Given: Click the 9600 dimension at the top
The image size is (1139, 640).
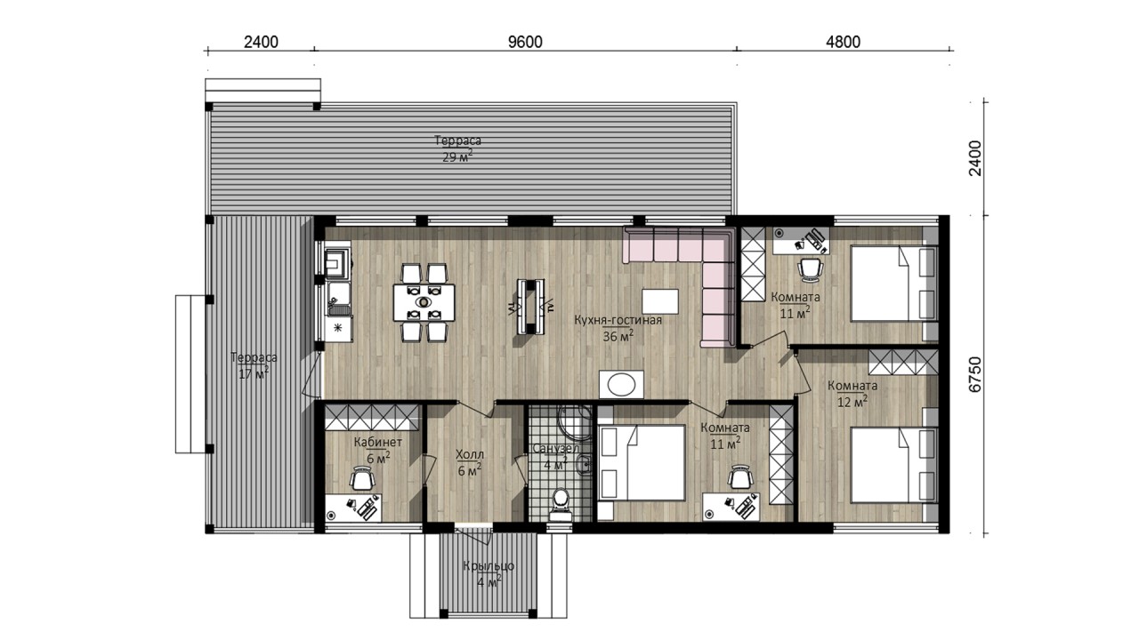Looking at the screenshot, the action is tap(525, 42).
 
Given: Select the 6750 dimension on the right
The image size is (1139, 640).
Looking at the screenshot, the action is tap(974, 374).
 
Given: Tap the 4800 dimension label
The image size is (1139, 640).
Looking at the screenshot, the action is tap(843, 42).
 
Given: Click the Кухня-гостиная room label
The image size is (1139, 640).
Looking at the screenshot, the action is tap(618, 320).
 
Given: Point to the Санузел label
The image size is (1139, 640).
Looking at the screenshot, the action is tap(556, 449).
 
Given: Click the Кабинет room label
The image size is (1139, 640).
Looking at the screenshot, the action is tap(378, 442).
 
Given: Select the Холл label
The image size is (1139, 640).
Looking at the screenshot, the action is tap(469, 454).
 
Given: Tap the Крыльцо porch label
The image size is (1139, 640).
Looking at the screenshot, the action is tap(489, 566).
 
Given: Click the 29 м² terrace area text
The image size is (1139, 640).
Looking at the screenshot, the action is tap(457, 156).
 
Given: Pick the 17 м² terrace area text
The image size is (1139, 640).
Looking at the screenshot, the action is tap(254, 374).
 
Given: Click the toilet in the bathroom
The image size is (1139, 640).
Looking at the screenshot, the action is tap(561, 503).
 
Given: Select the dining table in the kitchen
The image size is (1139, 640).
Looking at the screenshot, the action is tap(424, 302).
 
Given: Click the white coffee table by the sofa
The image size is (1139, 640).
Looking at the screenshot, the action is tap(660, 301).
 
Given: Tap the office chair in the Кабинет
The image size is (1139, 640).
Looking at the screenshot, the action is tap(362, 479).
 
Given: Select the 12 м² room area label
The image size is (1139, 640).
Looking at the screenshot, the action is tap(852, 402).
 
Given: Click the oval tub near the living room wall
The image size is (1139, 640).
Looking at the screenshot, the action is tap(621, 385).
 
